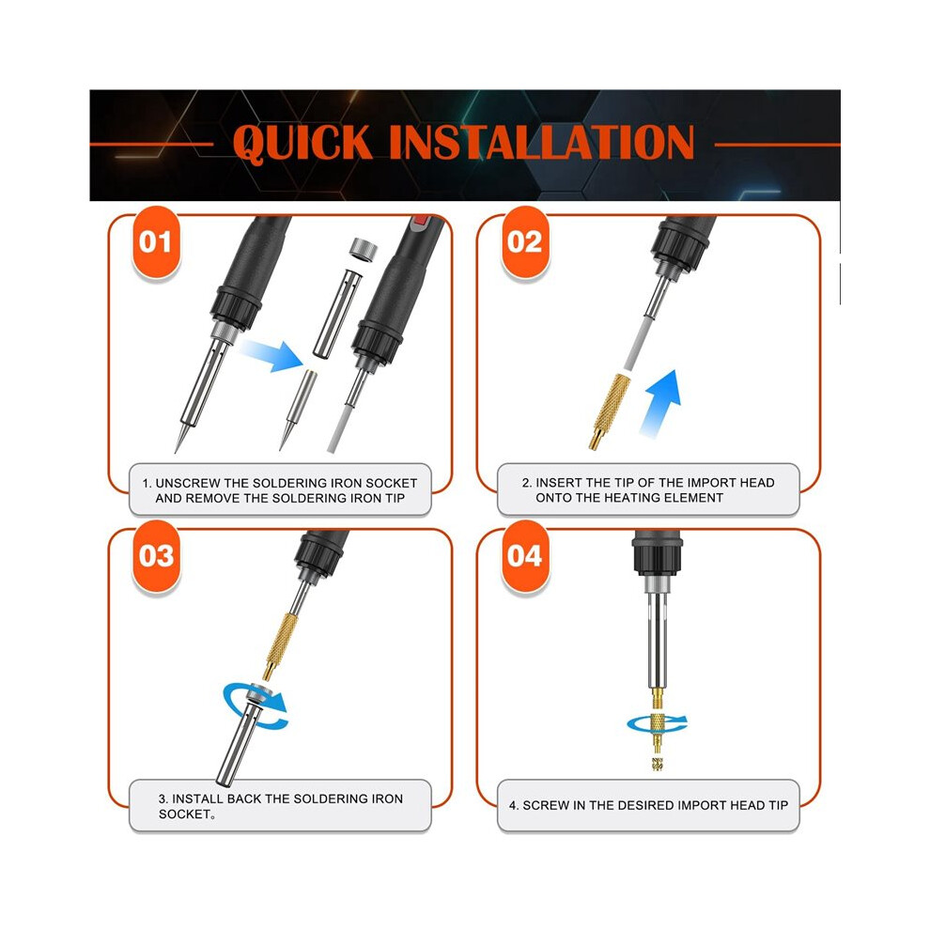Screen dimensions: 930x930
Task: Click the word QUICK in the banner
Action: coord(303,143)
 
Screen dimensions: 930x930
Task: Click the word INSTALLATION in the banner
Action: coord(541,142)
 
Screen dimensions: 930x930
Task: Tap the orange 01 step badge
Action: coord(156,242)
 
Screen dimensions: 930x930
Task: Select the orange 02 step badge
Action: coord(525,242)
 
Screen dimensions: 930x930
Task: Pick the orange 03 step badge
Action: coord(156,556)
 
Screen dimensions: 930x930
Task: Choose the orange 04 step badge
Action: coord(525,556)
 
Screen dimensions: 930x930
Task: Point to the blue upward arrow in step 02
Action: coord(660,403)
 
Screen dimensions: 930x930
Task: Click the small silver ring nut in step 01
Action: coord(363,249)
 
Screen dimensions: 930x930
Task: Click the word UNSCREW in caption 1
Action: coord(188,484)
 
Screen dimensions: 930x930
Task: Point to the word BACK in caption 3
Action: coord(243,798)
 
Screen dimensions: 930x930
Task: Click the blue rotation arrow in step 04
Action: coord(657,723)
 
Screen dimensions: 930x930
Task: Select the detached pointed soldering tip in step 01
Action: coord(298,410)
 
